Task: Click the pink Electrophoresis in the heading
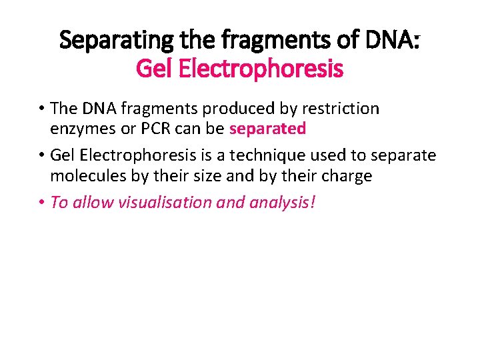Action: click(259, 68)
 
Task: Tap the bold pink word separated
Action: click(267, 128)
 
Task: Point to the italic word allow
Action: click(93, 202)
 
